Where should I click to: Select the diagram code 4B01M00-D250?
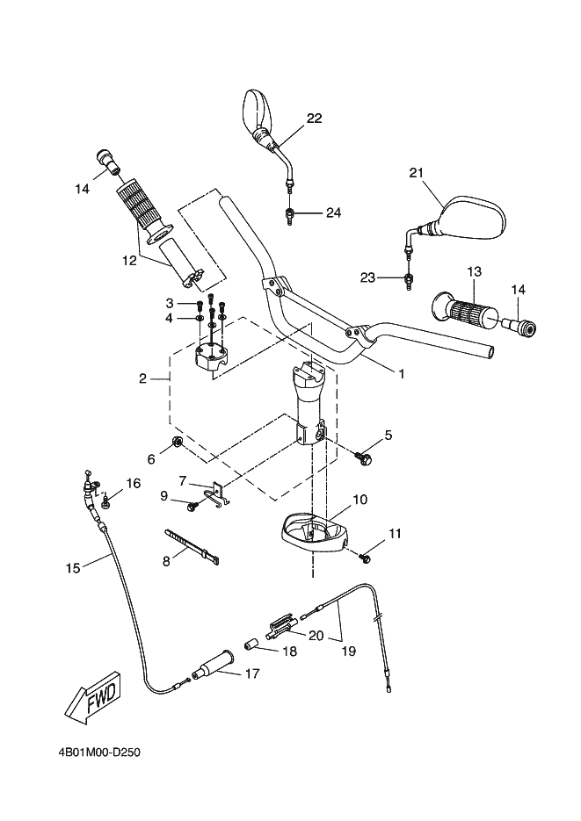(x=99, y=753)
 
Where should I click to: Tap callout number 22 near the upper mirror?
(x=314, y=119)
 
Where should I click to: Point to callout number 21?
(x=417, y=173)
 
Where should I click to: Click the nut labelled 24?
(x=288, y=214)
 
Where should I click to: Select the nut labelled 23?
(x=408, y=278)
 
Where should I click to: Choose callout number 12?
(x=129, y=260)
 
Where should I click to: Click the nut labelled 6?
(x=177, y=443)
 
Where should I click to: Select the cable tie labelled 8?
(x=192, y=546)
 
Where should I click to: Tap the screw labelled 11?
(x=364, y=558)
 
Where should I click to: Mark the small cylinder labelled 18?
(x=251, y=644)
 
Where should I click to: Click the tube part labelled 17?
(x=213, y=666)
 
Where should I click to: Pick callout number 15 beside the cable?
(x=73, y=567)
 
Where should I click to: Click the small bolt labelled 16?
(x=106, y=502)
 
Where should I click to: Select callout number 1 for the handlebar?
(x=402, y=374)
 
